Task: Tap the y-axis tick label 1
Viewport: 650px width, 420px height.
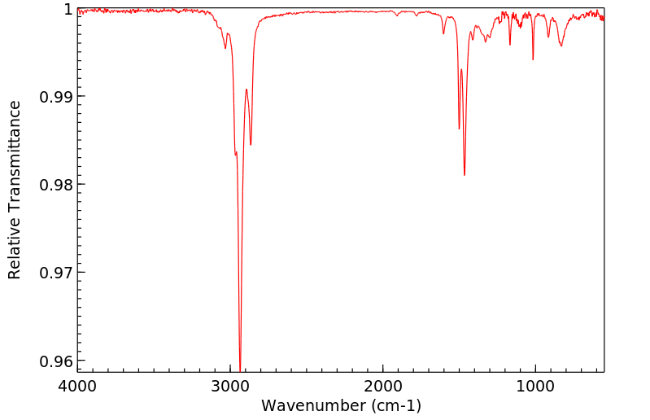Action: pyautogui.click(x=68, y=9)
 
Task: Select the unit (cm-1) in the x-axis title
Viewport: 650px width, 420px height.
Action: pyautogui.click(x=395, y=405)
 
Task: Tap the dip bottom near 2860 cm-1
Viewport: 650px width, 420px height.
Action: pyautogui.click(x=251, y=145)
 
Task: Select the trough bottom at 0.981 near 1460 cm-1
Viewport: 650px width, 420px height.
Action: pyautogui.click(x=465, y=175)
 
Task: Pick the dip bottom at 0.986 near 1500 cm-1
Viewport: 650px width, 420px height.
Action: pyautogui.click(x=459, y=129)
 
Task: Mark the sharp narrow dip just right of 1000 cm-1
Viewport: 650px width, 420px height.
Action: pyautogui.click(x=533, y=59)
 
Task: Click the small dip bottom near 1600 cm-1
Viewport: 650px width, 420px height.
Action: pyautogui.click(x=443, y=33)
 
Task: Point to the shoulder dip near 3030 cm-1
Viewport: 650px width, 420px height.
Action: pyautogui.click(x=225, y=48)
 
